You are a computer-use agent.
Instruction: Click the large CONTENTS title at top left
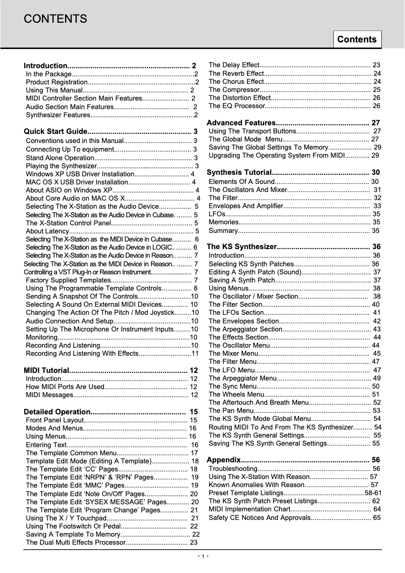pos(56,19)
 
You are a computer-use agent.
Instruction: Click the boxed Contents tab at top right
pos(357,39)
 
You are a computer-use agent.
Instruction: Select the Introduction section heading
pos(46,66)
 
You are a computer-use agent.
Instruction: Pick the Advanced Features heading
pos(241,123)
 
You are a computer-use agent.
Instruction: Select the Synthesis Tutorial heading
pos(239,172)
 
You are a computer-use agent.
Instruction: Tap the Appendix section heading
pos(224,460)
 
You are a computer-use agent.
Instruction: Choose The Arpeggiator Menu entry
pos(242,378)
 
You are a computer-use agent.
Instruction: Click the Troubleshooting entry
pos(233,469)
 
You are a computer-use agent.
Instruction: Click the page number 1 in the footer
pos(202,557)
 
